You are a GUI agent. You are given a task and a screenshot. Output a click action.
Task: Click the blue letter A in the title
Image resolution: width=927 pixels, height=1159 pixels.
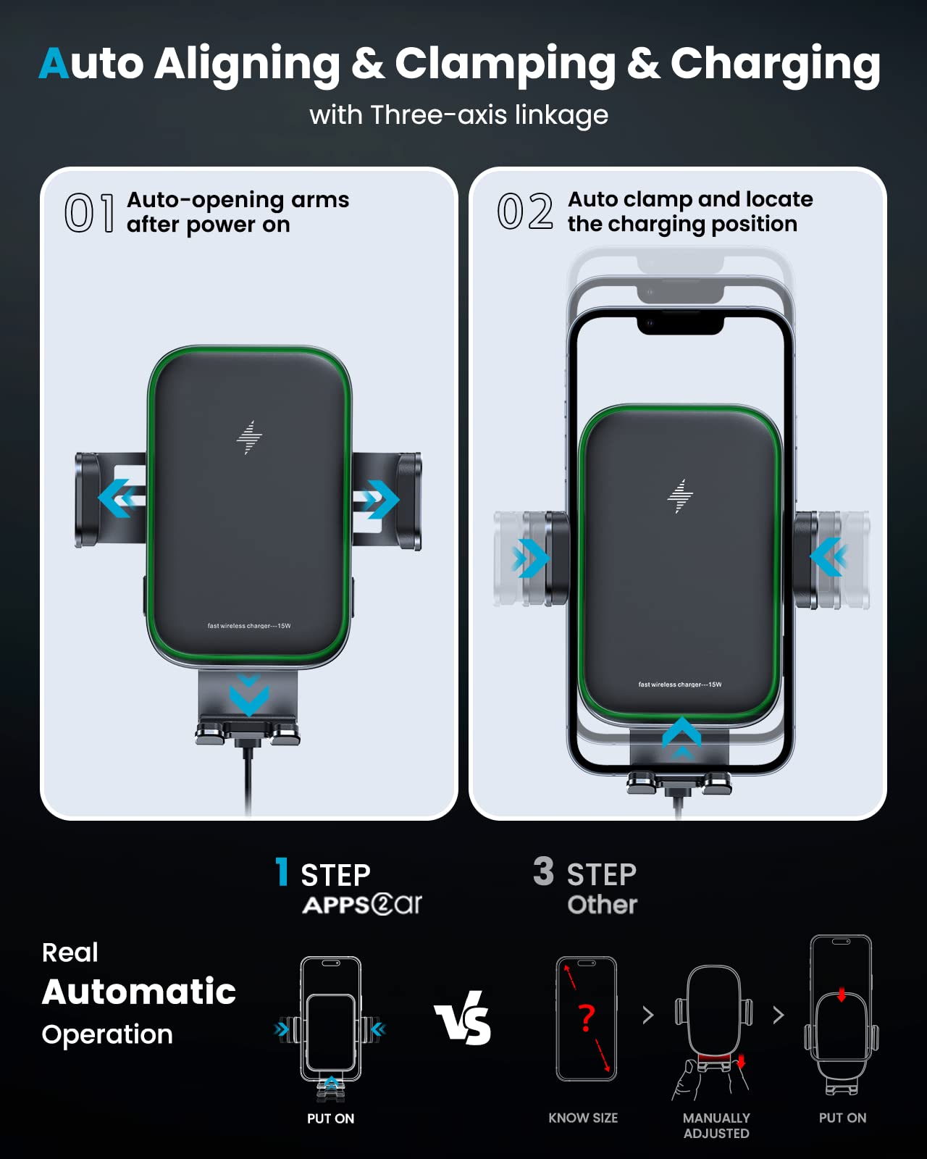click(54, 64)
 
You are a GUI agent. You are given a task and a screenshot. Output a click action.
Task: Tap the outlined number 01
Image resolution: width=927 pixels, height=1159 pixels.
click(89, 214)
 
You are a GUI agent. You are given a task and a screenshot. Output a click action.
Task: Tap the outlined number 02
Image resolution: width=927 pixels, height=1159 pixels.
click(524, 212)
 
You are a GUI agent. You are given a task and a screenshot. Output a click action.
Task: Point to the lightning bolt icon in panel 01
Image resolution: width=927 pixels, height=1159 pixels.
click(249, 438)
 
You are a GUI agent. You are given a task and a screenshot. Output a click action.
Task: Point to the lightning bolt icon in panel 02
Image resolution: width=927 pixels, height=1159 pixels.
click(679, 496)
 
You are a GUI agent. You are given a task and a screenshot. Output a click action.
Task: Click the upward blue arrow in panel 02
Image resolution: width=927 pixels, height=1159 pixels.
click(681, 735)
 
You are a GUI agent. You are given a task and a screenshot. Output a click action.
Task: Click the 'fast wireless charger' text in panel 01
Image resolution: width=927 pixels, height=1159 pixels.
click(248, 626)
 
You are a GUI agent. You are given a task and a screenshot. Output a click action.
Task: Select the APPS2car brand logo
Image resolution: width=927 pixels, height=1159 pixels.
click(362, 905)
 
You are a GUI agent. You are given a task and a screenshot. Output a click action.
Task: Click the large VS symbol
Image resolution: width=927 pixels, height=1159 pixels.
click(463, 1019)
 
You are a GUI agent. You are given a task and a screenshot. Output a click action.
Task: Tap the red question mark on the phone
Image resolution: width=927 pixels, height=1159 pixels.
click(587, 1018)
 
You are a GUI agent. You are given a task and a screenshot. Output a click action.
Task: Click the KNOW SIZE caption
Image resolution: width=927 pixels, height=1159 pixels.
click(583, 1118)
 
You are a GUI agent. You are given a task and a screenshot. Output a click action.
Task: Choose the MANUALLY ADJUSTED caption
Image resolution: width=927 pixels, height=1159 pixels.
click(716, 1126)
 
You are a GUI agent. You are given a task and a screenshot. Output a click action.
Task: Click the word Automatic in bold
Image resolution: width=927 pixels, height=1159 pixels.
click(139, 992)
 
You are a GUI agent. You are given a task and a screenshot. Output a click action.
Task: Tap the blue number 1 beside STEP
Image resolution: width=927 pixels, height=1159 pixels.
click(282, 872)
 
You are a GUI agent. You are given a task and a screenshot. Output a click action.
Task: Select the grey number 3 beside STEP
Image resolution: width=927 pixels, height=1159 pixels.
click(543, 871)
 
